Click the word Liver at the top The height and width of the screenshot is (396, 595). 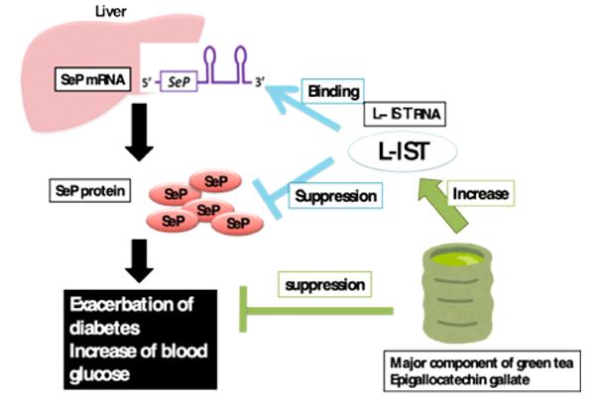(81, 11)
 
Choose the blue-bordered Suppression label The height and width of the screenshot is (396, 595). (335, 196)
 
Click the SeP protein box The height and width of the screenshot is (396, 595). (90, 188)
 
